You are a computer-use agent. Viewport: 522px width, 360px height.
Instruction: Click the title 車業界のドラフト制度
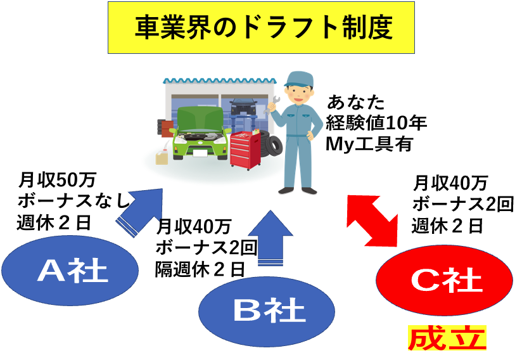pos(264,27)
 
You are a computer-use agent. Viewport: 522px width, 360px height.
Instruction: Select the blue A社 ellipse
pos(70,270)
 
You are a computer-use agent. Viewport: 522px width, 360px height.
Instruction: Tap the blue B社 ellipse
pos(267,311)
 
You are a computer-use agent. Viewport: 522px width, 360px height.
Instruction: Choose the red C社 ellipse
pos(445,280)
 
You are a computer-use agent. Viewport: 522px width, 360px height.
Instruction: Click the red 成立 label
pos(447,338)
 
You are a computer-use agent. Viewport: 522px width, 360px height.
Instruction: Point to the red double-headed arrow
pos(372,221)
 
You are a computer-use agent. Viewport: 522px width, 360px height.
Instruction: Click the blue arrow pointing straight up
pos(271,238)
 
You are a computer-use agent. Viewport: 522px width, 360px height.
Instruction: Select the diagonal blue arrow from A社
pos(140,212)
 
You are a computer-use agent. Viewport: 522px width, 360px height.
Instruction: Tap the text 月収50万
pos(57,180)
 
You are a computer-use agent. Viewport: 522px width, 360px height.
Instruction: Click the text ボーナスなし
pos(73,201)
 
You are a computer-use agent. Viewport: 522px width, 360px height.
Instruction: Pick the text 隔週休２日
pos(200,269)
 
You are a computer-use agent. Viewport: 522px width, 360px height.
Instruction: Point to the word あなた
pos(356,102)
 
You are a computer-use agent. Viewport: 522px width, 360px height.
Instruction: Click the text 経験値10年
pos(376,123)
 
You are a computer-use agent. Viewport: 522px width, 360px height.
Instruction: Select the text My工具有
pos(369,144)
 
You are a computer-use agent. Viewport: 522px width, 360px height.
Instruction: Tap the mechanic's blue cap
pos(298,79)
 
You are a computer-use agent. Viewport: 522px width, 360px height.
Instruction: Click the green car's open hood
pos(200,119)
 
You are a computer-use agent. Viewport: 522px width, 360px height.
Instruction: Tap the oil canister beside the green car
pos(162,157)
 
